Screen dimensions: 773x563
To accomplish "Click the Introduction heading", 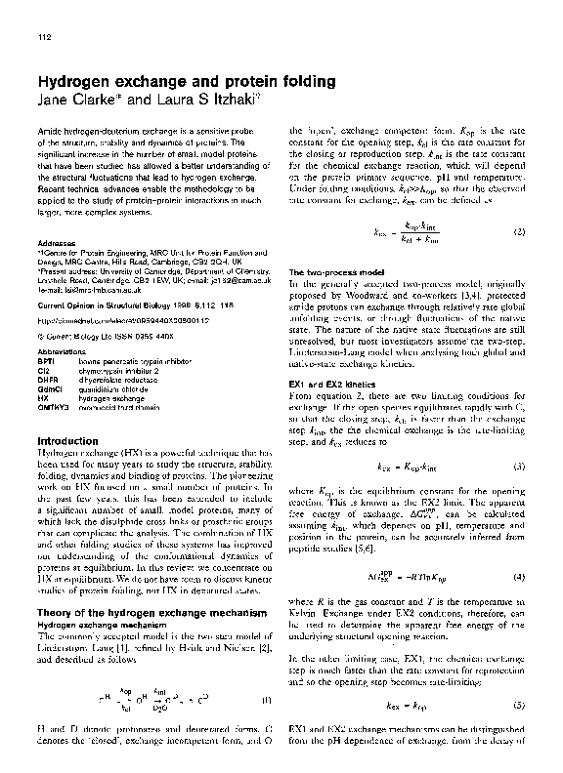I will (72, 440).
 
